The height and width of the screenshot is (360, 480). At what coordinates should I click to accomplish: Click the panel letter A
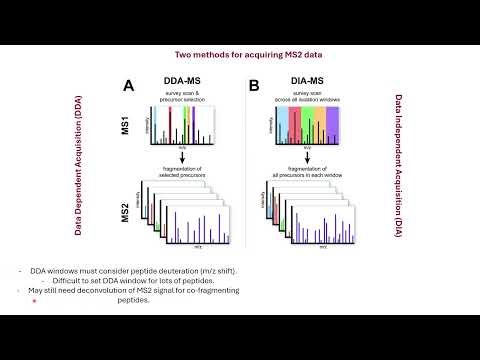coord(128,87)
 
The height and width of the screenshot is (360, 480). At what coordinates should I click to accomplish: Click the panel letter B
coord(253,87)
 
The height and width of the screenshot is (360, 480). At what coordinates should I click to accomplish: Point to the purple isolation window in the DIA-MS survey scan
coord(333,126)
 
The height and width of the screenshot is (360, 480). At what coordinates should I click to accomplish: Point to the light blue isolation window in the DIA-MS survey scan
coord(283,126)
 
